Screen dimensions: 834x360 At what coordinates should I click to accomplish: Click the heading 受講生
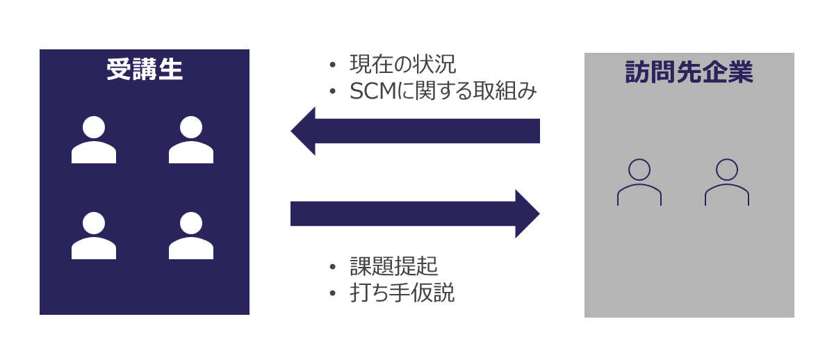(x=145, y=69)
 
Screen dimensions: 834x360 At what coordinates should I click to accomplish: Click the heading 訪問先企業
(x=689, y=72)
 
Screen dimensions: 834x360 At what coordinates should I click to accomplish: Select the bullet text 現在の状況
(x=402, y=65)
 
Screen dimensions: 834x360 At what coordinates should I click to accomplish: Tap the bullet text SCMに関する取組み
(x=443, y=91)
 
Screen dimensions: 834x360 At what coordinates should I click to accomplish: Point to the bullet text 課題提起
(x=393, y=266)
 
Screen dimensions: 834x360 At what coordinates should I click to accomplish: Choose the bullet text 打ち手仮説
(x=402, y=293)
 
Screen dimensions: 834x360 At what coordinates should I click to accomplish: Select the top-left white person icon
(x=94, y=140)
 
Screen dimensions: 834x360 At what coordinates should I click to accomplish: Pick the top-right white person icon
(x=191, y=140)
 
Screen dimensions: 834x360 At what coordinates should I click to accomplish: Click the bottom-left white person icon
(x=94, y=236)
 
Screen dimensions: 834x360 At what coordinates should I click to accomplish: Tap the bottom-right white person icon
(x=191, y=236)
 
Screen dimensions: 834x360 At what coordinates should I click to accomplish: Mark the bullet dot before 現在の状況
(x=333, y=65)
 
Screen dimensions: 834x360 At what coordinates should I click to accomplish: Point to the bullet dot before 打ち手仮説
(x=333, y=293)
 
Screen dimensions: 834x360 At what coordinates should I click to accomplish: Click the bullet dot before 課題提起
(x=333, y=267)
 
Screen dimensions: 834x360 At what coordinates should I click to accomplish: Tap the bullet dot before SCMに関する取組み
(x=333, y=92)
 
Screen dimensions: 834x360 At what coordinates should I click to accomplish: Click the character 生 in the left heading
(x=170, y=69)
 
